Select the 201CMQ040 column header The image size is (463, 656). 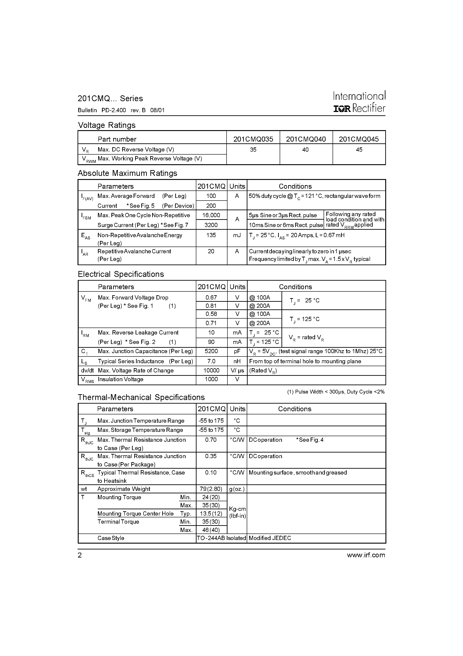pos(306,139)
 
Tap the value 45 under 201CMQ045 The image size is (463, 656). pos(359,150)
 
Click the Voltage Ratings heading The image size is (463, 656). pos(107,125)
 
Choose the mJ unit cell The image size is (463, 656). pos(237,235)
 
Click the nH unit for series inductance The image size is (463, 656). pos(237,361)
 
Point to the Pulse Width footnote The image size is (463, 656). pos(336,392)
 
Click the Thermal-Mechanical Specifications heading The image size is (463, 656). pos(141,397)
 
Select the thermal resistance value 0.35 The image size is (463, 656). pos(211,456)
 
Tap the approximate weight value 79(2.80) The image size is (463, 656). pos(211,489)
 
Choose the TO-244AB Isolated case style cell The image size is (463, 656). pos(221,538)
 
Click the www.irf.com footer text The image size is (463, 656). pos(366,555)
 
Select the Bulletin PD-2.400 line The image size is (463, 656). pos(121,110)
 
